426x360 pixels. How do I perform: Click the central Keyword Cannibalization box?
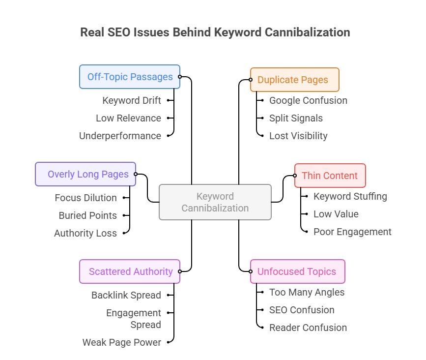pyautogui.click(x=215, y=202)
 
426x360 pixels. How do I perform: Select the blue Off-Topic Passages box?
pyautogui.click(x=130, y=77)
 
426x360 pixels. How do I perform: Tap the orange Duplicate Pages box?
pyautogui.click(x=294, y=80)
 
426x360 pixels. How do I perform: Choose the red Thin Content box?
pyautogui.click(x=330, y=176)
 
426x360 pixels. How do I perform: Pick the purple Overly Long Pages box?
pyautogui.click(x=85, y=174)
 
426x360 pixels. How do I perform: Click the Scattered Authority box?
pyautogui.click(x=130, y=271)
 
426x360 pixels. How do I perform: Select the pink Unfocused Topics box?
pyautogui.click(x=297, y=271)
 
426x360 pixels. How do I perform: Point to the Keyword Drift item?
pyautogui.click(x=131, y=100)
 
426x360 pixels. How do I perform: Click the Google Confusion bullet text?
pyautogui.click(x=308, y=100)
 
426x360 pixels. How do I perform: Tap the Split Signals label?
pyautogui.click(x=296, y=118)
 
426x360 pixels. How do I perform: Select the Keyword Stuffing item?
pyautogui.click(x=350, y=196)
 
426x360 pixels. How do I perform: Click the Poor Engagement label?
pyautogui.click(x=352, y=232)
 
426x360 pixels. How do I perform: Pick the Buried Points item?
pyautogui.click(x=87, y=215)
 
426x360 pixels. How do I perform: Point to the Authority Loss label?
pyautogui.click(x=85, y=233)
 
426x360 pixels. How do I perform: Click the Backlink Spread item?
pyautogui.click(x=126, y=295)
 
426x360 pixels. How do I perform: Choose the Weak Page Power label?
pyautogui.click(x=121, y=342)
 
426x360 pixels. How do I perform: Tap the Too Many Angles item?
pyautogui.click(x=307, y=292)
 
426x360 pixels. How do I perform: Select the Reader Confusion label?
pyautogui.click(x=308, y=328)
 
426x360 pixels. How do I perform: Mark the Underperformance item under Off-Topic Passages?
pyautogui.click(x=120, y=136)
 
